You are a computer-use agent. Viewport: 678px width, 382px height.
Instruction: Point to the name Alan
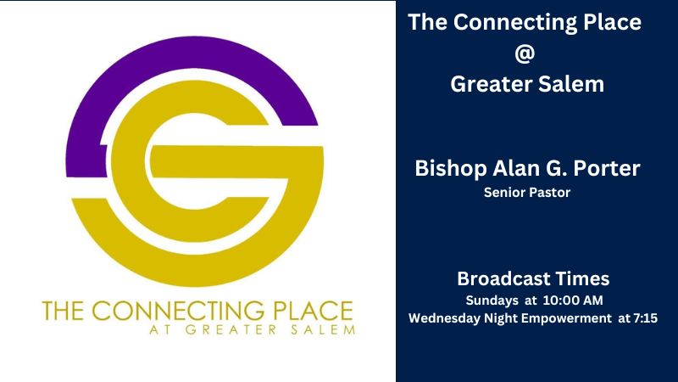click(x=517, y=168)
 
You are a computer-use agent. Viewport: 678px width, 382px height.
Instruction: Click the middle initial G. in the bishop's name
click(x=555, y=168)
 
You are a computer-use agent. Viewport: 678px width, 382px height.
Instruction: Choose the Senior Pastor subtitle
click(x=526, y=193)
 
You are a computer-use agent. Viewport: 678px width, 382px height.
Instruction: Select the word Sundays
click(x=490, y=301)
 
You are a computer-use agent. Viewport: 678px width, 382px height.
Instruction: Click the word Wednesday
click(x=445, y=318)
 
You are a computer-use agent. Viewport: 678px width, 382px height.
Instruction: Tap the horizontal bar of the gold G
click(x=254, y=164)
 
